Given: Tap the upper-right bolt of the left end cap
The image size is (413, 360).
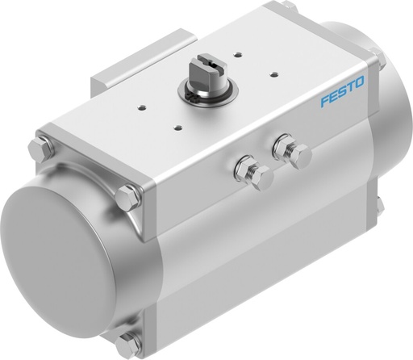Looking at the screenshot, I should click(127, 195).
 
